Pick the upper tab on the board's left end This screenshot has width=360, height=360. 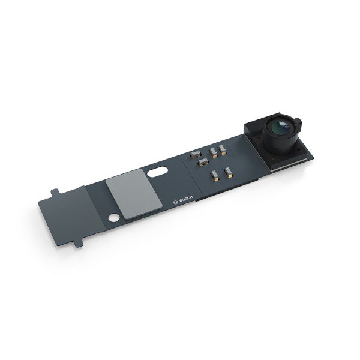55,193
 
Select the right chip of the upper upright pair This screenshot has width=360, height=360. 222,148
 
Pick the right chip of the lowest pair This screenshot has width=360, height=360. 227,173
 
